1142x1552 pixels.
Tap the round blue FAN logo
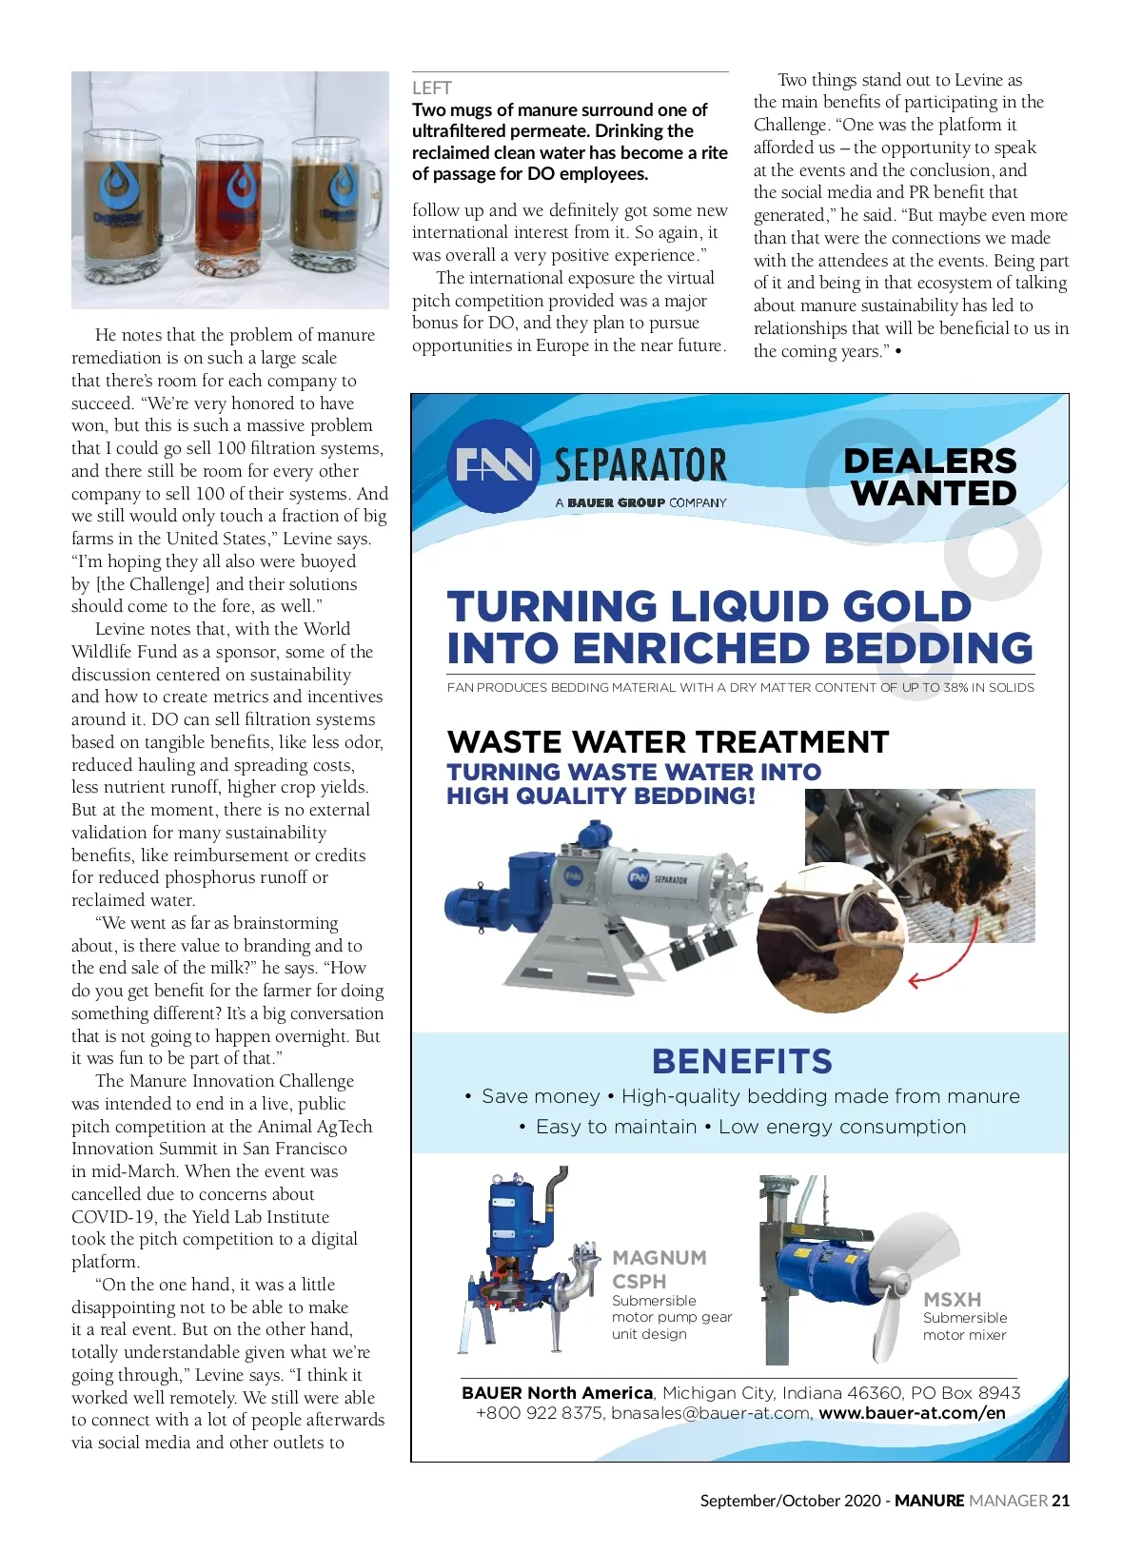(493, 465)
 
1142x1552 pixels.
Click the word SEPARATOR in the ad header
(640, 465)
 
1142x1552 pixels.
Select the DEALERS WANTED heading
(932, 477)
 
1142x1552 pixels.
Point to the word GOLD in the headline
(905, 607)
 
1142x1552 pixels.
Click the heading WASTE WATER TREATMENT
(668, 741)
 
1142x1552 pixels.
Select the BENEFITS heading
(741, 1061)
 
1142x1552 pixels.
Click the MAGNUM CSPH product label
(659, 1269)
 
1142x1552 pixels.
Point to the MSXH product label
(952, 1299)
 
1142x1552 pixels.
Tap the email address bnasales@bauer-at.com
(710, 1414)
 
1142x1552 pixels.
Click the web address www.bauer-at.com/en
(912, 1414)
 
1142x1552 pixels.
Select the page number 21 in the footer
(1060, 1501)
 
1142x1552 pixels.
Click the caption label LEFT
(431, 88)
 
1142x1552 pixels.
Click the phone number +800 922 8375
(539, 1414)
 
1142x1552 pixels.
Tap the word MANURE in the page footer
(929, 1501)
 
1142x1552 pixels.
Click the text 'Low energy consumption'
(842, 1127)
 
